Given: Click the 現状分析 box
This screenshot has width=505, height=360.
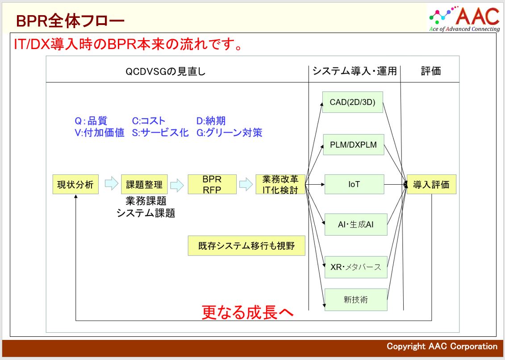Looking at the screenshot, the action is (75, 184).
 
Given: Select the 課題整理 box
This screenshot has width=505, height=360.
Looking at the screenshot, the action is (144, 184).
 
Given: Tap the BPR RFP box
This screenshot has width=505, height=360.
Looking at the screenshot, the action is (212, 184).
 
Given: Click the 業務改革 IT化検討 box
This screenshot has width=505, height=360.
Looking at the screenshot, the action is (280, 184).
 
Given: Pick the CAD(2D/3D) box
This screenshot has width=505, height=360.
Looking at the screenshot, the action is (353, 102).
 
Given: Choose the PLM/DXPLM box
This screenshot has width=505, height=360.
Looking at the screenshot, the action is (354, 145).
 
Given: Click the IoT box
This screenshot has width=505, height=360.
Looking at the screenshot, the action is (354, 184).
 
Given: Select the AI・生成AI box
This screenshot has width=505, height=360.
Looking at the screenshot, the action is (356, 224).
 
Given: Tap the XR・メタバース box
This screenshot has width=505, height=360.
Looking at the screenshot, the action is (356, 267).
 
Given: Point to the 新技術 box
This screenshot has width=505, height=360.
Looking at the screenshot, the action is (356, 300).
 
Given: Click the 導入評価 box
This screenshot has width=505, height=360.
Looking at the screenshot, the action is (432, 184).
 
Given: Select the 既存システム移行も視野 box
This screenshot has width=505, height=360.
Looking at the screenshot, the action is (246, 246).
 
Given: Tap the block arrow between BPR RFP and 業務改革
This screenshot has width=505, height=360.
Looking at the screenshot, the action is (246, 185).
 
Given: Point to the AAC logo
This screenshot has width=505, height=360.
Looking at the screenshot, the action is (464, 18).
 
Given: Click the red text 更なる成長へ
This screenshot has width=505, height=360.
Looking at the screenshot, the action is (248, 312).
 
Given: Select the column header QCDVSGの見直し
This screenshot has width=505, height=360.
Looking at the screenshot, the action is (166, 71).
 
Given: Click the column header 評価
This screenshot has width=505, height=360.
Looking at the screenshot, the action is (430, 71).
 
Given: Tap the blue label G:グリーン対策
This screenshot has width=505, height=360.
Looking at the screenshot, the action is (230, 132).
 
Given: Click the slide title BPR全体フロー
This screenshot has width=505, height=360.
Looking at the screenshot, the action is (70, 21).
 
